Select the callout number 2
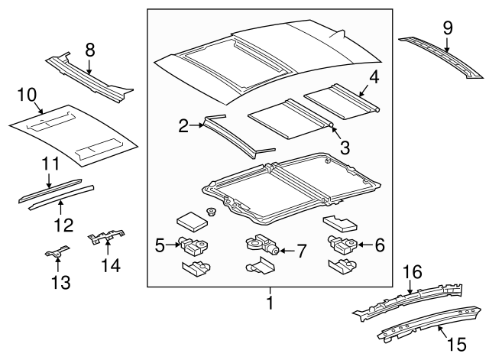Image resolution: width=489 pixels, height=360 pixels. [183, 126]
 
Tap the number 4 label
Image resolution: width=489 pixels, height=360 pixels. [374, 76]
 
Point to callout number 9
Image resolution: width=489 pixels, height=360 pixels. [448, 28]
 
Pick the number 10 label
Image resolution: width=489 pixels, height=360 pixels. [28, 95]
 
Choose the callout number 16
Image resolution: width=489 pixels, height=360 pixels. [413, 271]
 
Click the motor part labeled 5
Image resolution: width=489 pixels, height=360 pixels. [193, 245]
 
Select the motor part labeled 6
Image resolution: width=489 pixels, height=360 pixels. [339, 245]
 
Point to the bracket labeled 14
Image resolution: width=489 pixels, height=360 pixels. [105, 239]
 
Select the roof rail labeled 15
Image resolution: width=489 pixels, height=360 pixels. [428, 321]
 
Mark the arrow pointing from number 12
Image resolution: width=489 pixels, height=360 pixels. [60, 207]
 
